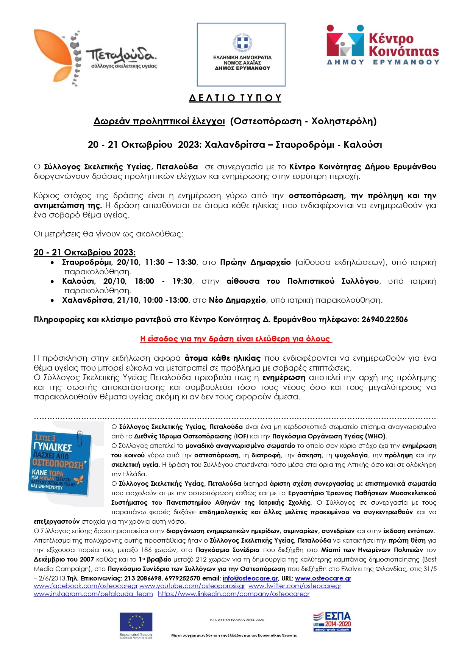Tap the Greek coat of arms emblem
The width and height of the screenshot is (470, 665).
(x=242, y=42)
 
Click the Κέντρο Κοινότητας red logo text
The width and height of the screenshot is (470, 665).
(x=403, y=45)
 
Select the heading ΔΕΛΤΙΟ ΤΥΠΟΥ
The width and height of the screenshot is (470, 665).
(x=235, y=98)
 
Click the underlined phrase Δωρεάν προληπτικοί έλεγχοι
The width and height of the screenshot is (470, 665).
(x=159, y=121)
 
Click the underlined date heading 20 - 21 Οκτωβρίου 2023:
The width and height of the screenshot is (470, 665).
(x=84, y=252)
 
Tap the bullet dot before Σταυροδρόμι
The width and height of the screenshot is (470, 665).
(x=53, y=262)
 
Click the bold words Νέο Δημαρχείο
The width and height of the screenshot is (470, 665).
(x=237, y=300)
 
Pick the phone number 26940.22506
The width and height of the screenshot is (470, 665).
(x=384, y=319)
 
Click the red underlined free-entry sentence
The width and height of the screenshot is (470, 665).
(x=236, y=339)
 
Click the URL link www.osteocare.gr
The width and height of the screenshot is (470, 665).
(x=323, y=578)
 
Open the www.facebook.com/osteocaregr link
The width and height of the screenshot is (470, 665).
(x=86, y=586)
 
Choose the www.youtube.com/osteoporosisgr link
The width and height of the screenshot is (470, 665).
(x=192, y=586)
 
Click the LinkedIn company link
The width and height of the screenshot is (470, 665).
(x=234, y=594)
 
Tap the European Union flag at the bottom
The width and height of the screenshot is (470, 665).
(x=136, y=622)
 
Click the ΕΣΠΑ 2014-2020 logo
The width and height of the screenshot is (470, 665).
(x=332, y=621)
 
